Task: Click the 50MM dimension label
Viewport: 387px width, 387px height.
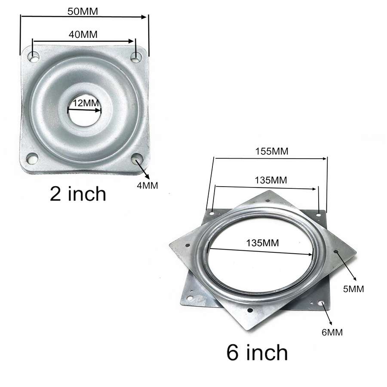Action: coord(83,12)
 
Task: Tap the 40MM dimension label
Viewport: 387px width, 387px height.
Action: coord(83,34)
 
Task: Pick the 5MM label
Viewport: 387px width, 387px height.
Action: coord(353,289)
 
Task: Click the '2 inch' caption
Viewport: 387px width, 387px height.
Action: coord(78,194)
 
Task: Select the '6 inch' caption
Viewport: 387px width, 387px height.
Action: coord(257,353)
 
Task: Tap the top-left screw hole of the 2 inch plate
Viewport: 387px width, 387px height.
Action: coord(34,56)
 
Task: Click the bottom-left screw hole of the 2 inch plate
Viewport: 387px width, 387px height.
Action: coord(31,159)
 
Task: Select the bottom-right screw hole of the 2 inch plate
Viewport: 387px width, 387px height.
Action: coord(137,160)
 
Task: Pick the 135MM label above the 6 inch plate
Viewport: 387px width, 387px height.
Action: coord(271,180)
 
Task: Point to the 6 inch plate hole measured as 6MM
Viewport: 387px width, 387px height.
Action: coord(322,304)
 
